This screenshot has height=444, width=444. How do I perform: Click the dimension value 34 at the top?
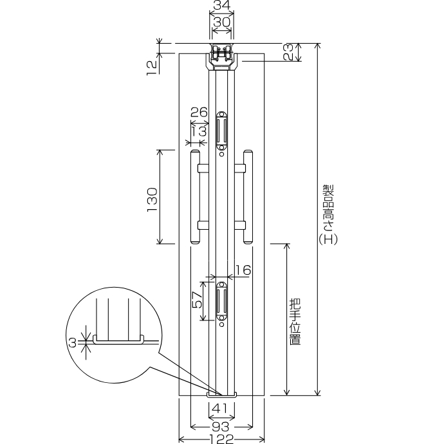[222, 5]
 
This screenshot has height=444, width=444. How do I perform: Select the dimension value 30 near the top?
[222, 22]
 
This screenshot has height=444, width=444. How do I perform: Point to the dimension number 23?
[288, 52]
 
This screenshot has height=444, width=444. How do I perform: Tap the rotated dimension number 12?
[151, 68]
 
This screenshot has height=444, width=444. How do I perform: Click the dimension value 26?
[199, 113]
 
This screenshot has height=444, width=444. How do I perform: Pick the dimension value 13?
[199, 131]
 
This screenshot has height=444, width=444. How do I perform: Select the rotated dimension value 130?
[152, 199]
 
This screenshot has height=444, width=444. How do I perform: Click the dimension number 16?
[243, 270]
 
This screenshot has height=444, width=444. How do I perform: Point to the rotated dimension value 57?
[197, 300]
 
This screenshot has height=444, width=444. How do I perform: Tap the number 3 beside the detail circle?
[73, 343]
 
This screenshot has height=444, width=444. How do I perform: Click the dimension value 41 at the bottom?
[219, 409]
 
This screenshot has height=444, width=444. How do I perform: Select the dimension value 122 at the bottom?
[222, 439]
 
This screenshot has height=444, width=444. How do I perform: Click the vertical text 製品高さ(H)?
[328, 215]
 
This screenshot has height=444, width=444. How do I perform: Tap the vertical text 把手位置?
[295, 322]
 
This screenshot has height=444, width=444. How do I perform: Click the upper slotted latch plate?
[221, 131]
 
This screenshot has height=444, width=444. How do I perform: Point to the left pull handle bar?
[195, 197]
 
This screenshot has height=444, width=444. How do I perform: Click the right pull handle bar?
[248, 197]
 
